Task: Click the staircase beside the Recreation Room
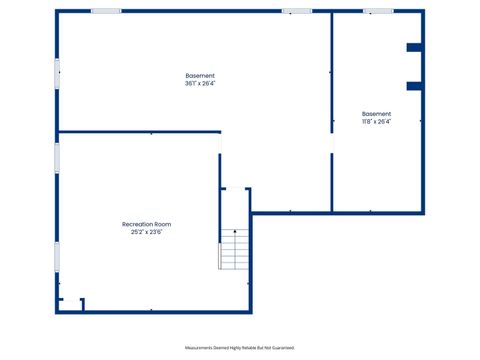235,249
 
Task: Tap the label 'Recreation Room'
146,224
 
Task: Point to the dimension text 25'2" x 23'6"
146,232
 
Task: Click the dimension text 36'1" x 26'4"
200,84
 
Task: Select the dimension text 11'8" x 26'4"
377,122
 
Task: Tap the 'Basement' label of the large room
200,76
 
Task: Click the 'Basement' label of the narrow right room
377,114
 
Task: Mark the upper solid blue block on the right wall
414,47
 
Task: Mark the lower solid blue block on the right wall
414,86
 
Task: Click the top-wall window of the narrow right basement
378,11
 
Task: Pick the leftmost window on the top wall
106,11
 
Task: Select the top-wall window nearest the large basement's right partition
296,11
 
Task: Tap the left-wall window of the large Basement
57,72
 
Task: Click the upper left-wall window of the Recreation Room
57,157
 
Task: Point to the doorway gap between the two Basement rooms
331,144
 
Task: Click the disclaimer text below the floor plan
240,347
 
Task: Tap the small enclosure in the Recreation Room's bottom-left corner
71,304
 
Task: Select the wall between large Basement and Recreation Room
140,132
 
